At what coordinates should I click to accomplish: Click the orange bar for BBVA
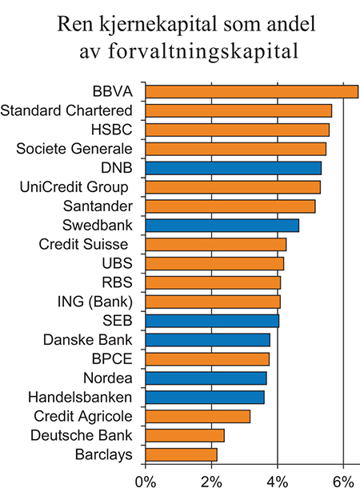(x=251, y=91)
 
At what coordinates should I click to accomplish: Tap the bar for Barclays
(x=181, y=454)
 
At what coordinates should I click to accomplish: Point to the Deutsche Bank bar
(x=185, y=435)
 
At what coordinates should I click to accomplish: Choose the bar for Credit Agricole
(x=198, y=416)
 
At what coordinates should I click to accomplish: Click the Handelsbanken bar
(x=205, y=397)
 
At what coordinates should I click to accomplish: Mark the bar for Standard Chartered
(x=238, y=110)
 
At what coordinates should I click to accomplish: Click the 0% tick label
(x=145, y=482)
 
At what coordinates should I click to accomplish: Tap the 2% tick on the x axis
(x=211, y=482)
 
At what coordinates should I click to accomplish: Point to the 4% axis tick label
(x=278, y=482)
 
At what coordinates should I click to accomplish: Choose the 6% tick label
(x=343, y=482)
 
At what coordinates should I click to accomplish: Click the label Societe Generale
(x=74, y=149)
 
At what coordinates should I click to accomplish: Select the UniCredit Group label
(x=74, y=187)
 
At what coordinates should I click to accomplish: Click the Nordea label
(x=108, y=378)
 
